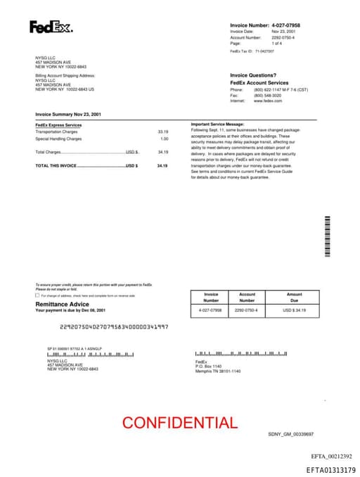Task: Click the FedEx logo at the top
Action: point(51,27)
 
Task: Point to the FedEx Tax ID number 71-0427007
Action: point(264,51)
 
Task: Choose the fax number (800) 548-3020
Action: point(268,96)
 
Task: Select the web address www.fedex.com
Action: point(268,101)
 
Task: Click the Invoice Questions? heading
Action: point(253,75)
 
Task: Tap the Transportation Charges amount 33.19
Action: point(163,132)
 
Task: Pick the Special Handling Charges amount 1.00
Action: point(165,139)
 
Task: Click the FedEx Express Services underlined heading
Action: point(58,125)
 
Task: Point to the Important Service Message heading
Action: point(217,124)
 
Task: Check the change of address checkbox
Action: point(37,295)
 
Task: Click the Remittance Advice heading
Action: point(62,304)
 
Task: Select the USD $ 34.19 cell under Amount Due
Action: point(294,310)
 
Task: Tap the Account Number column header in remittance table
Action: point(247,297)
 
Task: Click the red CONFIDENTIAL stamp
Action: point(180,423)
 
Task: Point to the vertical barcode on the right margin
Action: point(327,236)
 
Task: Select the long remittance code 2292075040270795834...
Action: point(114,326)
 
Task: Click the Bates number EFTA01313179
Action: point(331,469)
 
